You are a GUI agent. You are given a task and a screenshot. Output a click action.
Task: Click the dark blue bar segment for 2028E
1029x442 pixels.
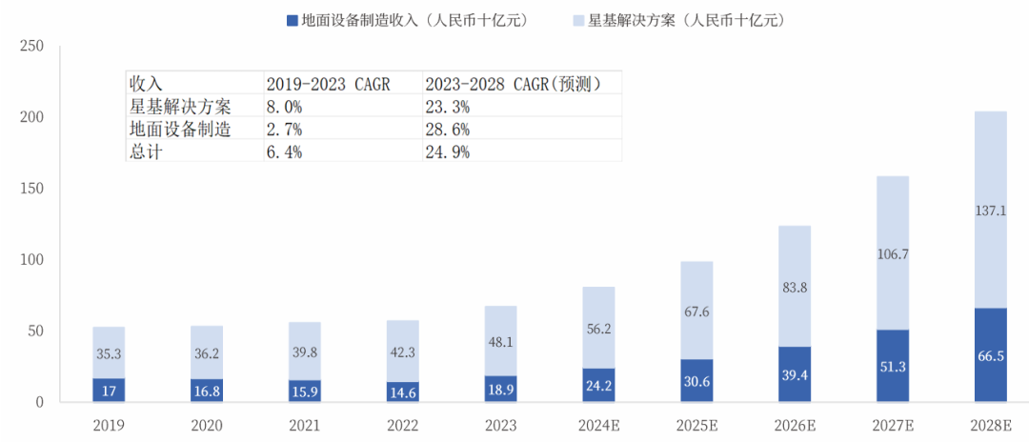pos(990,354)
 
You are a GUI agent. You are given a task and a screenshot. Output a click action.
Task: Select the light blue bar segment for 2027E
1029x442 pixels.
pos(892,252)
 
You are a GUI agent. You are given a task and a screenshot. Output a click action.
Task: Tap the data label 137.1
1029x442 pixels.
pos(990,211)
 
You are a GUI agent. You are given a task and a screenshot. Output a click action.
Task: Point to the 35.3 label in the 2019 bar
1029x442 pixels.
pos(109,353)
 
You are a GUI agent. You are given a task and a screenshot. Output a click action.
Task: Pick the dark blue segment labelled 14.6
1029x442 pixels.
pos(403,391)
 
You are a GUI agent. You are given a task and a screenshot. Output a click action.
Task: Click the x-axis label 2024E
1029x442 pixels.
pos(598,425)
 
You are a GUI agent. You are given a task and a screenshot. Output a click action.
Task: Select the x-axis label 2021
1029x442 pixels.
pos(305,425)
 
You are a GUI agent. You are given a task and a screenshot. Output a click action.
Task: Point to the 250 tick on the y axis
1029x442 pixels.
pos(31,46)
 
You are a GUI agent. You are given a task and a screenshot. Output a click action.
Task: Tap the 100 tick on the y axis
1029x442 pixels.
pos(31,260)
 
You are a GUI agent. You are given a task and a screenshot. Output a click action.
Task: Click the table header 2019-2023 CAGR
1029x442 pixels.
pos(329,84)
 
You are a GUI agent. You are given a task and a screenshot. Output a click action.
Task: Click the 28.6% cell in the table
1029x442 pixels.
pos(449,129)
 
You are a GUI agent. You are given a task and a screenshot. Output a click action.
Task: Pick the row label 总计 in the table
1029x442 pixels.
pos(147,151)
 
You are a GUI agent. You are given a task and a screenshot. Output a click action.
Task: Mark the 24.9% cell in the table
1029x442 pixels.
pos(449,151)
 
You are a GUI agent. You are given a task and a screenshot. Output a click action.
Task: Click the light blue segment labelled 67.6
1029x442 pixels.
pos(696,311)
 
